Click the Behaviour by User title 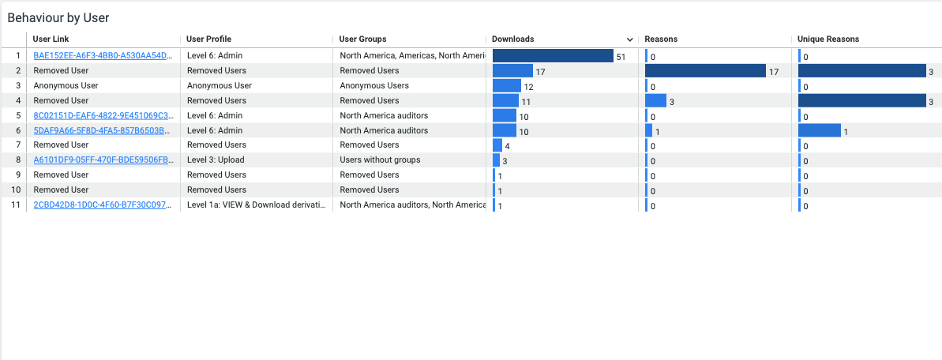point(58,17)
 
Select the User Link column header point(51,39)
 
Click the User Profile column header point(208,39)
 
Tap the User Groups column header point(362,39)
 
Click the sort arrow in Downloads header point(629,39)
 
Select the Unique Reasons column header point(828,39)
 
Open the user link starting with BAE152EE point(103,56)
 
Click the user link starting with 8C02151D point(103,115)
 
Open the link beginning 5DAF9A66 point(103,130)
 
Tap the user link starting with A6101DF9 point(103,159)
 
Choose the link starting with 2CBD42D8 point(103,205)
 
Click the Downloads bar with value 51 point(553,56)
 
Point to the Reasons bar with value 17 point(705,71)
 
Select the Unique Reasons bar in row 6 point(820,130)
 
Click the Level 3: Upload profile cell point(216,159)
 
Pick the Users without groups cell point(380,159)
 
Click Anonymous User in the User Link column point(66,85)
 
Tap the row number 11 point(15,205)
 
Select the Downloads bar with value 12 point(507,85)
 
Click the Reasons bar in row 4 point(655,100)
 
